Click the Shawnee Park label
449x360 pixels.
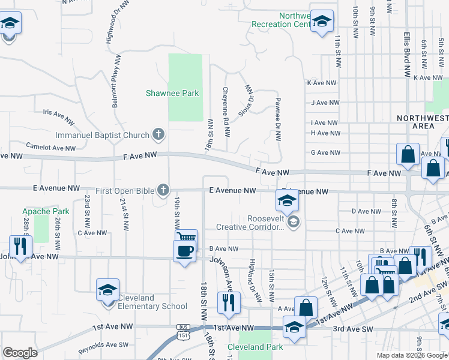[x=172, y=93]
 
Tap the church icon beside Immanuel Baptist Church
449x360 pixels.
[x=158, y=134]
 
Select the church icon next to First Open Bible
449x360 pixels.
[x=162, y=190]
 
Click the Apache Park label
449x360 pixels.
[x=42, y=211]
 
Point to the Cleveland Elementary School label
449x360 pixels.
[x=152, y=302]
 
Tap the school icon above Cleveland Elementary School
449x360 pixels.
[x=108, y=290]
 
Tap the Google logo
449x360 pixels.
[x=20, y=353]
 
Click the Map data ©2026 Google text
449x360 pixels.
[x=412, y=355]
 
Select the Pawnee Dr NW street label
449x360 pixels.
[x=278, y=119]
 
